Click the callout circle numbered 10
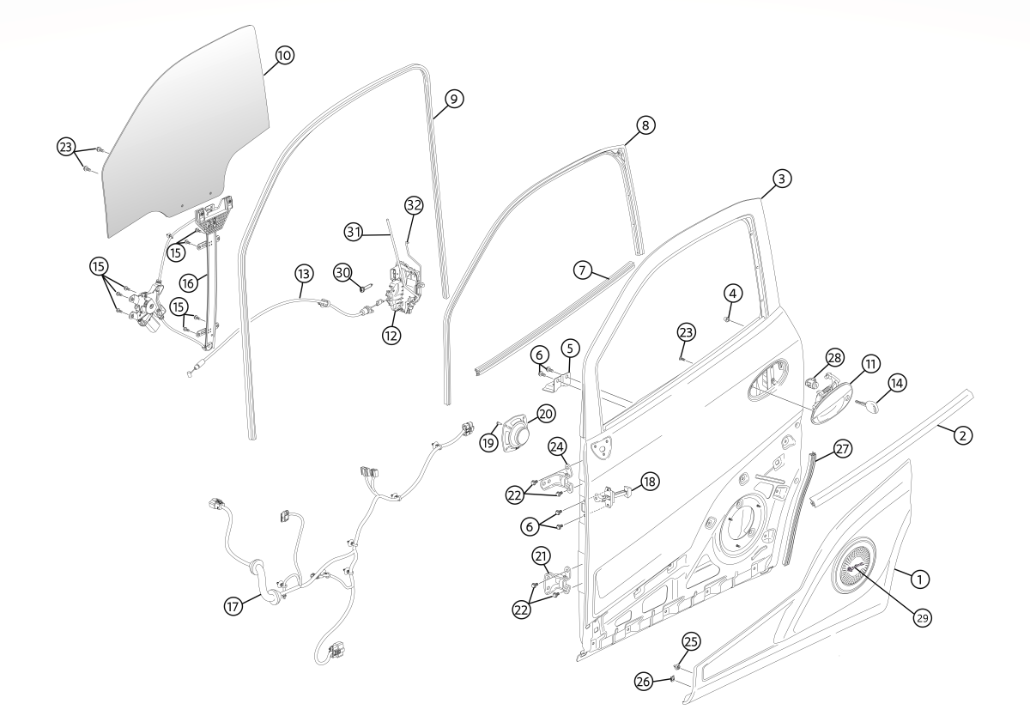(x=285, y=56)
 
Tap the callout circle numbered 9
(x=454, y=99)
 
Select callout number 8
(x=645, y=125)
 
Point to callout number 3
(x=782, y=179)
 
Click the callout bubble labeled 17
(x=233, y=607)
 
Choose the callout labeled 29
(x=923, y=619)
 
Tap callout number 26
(x=643, y=681)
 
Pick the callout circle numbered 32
(x=414, y=205)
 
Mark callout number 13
(x=304, y=274)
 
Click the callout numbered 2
(x=963, y=435)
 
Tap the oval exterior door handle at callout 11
(x=831, y=403)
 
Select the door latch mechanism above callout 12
(x=403, y=288)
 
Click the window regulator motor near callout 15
(x=145, y=307)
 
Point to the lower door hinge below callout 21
(x=557, y=583)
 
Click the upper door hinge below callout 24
(x=557, y=481)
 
